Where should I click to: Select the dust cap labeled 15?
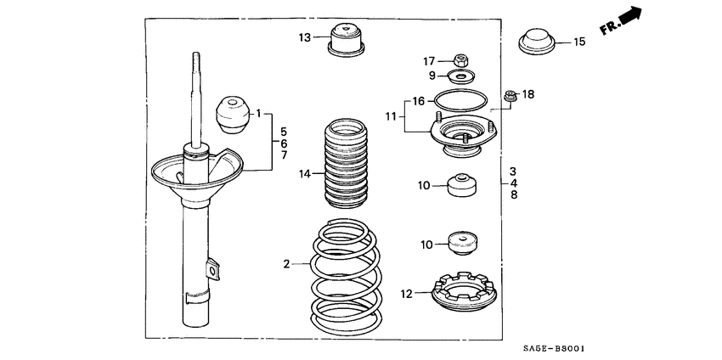coord(535,41)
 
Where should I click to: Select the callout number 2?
coord(288,265)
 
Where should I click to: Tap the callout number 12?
coord(406,294)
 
